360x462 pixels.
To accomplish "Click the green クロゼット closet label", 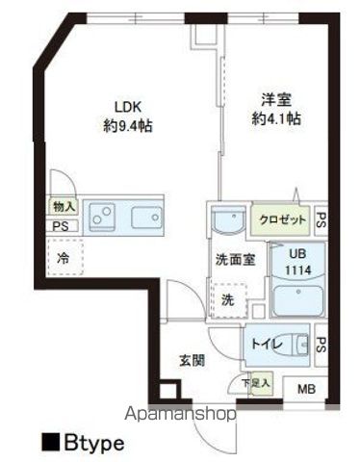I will (283, 219).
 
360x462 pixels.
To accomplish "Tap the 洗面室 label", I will (234, 259).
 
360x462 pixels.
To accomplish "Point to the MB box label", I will (305, 389).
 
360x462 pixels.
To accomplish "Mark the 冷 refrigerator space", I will (63, 257).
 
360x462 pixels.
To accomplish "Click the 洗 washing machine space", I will (230, 299).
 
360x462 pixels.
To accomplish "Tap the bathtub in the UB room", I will (294, 299).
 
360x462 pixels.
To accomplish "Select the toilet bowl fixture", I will (301, 343).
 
